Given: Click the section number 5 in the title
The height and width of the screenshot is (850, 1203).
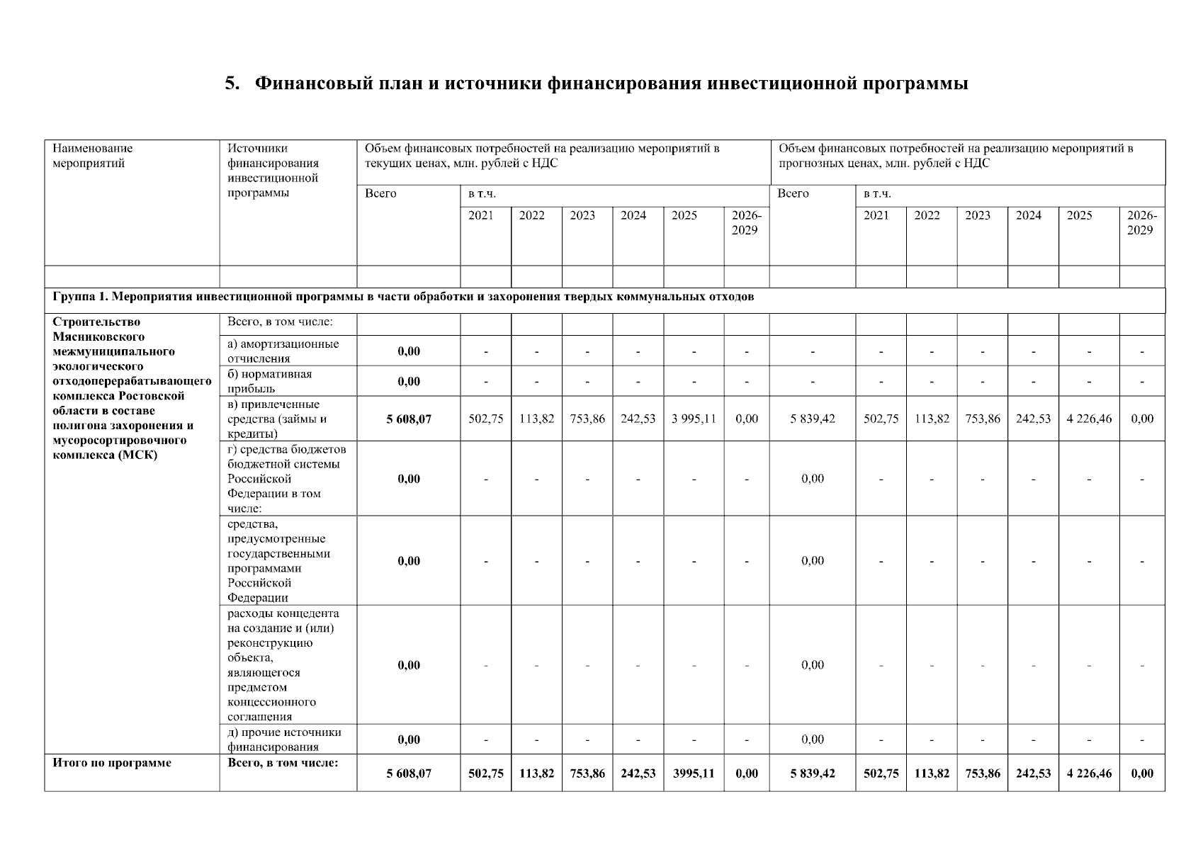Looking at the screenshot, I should coord(230,84).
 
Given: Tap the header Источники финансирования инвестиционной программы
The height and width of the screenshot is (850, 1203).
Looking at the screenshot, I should coord(273,171).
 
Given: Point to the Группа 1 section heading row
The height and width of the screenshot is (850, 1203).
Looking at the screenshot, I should coord(403,297).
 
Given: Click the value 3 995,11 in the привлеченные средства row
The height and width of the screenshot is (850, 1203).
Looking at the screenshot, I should coord(693,419).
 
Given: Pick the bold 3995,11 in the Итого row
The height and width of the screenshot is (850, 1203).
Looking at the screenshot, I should coord(693,773).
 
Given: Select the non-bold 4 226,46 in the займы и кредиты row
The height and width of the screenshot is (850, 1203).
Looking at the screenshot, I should coord(1088,419).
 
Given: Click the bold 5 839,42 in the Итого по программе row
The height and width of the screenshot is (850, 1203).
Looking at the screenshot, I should coord(812,773).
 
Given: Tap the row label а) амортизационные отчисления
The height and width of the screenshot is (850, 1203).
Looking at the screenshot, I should coord(283,351).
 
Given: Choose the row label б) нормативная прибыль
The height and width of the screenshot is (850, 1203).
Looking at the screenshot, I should coord(269,381).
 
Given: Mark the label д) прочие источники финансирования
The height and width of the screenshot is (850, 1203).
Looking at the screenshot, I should coord(283,739).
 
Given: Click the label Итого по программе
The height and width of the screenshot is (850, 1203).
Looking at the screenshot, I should coord(112,763).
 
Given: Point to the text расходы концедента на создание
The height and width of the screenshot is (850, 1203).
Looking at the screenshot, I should coord(283,620).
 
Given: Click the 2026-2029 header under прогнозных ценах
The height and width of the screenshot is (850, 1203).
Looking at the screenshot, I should coord(1141,222).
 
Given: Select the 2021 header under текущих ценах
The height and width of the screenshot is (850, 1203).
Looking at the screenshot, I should coord(480,215).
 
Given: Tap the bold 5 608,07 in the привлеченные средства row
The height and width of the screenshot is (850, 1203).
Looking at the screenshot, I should coord(408,419).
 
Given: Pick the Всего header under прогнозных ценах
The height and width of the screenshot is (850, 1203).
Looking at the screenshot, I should coord(793,193).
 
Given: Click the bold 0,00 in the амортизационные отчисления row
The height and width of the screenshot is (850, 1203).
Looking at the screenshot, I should coord(408,351).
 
